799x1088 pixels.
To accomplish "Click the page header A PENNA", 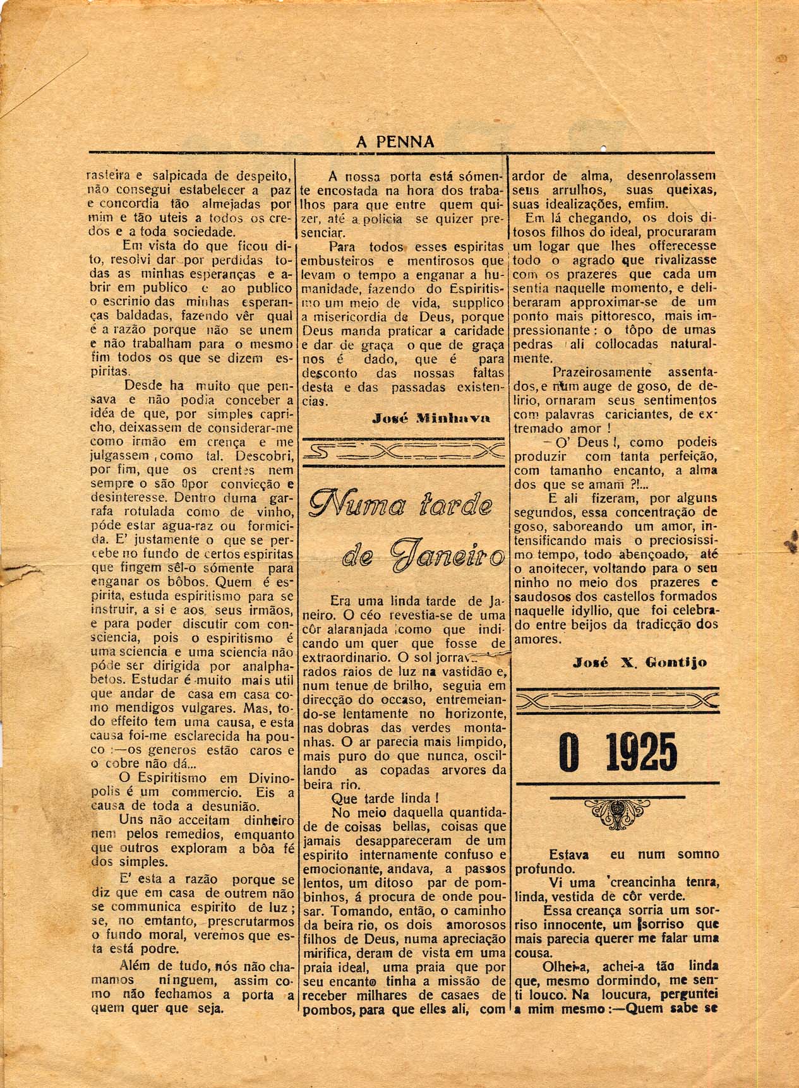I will click(395, 142).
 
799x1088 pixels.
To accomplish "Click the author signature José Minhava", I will click(431, 418).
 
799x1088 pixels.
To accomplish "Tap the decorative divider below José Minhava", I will click(404, 451).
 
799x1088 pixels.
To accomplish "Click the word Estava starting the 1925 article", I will click(568, 854).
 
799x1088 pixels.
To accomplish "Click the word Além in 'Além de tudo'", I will click(135, 965).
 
